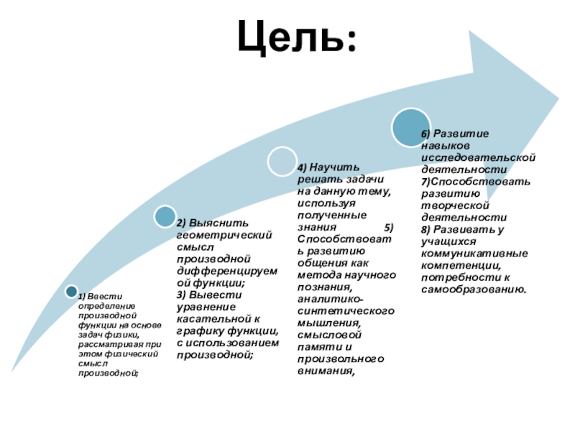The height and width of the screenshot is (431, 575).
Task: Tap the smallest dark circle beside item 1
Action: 71,291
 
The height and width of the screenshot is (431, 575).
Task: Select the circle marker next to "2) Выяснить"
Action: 165,215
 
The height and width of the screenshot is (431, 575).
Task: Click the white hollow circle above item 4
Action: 281,162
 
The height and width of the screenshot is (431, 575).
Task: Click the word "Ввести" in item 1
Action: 110,297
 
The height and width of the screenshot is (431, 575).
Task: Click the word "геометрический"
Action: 224,234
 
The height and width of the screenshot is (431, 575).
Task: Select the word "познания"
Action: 323,287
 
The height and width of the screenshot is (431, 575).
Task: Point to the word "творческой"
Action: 454,205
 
